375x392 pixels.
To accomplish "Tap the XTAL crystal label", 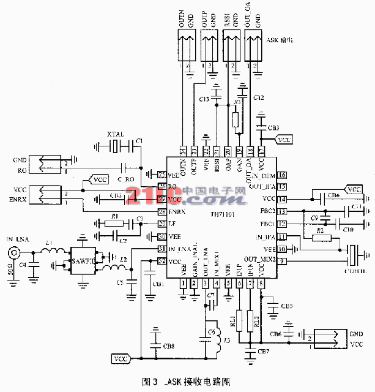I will (x=116, y=134).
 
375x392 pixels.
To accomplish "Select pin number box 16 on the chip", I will (x=282, y=175).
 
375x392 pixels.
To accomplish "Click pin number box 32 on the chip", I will (x=162, y=260).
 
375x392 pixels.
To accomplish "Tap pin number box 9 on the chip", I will (x=282, y=261).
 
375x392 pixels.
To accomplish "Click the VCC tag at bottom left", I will (x=121, y=358).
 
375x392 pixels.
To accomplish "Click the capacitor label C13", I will (x=204, y=99).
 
